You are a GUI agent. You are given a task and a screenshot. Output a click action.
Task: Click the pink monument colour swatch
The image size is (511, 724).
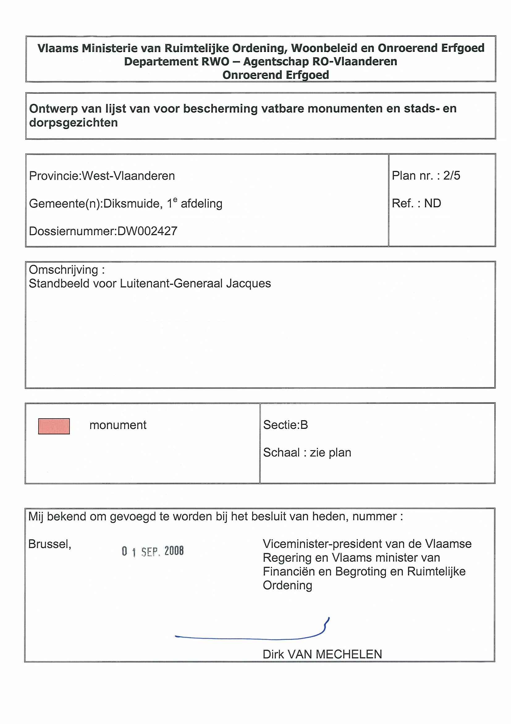[x=54, y=426]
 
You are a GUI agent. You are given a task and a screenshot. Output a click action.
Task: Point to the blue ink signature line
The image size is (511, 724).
[x=252, y=638]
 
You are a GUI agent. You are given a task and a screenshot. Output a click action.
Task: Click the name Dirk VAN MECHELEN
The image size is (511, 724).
[x=322, y=654]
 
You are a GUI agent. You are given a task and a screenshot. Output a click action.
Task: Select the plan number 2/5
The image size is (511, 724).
[x=451, y=176]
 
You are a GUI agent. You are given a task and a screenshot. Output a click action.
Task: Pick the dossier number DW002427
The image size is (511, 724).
[x=147, y=231]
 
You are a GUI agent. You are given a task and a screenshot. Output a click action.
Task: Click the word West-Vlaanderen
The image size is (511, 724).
[x=129, y=176]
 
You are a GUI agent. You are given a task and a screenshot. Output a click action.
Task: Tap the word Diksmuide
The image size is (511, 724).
[x=133, y=204]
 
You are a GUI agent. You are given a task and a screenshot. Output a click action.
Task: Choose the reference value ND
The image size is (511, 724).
[x=432, y=203]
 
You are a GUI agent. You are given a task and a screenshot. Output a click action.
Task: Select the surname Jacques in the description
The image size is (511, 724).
[x=248, y=283]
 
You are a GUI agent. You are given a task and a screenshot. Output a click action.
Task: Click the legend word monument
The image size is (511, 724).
[x=118, y=425]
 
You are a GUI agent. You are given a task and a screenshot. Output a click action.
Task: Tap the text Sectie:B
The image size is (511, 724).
[x=285, y=425]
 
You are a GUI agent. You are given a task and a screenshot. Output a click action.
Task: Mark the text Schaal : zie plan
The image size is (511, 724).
[x=307, y=452]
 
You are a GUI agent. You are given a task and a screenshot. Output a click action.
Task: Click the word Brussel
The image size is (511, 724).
[x=50, y=544]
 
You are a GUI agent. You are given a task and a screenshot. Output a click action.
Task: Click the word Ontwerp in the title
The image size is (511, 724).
[x=53, y=109]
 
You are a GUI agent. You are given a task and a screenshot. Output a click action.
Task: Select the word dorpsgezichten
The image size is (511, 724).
[x=73, y=123]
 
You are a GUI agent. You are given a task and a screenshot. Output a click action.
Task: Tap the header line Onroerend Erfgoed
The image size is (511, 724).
[x=276, y=75]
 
